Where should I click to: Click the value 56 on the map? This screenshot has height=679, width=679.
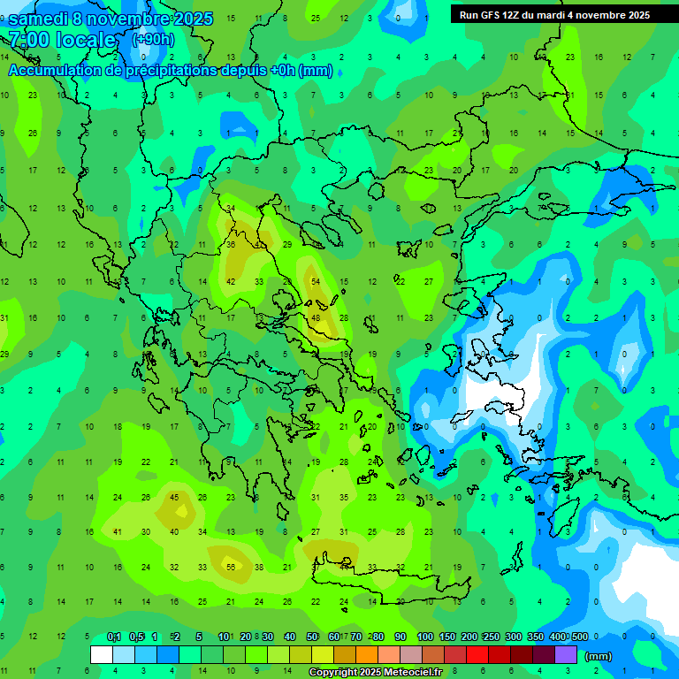pos(231,567)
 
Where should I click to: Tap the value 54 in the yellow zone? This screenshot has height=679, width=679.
pos(316,281)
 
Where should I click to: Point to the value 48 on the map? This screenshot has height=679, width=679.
pos(316,317)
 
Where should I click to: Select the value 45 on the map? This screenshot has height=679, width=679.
pos(174,497)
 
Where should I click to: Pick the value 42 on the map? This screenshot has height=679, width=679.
pos(231,281)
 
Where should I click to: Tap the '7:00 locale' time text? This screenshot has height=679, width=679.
pos(62,40)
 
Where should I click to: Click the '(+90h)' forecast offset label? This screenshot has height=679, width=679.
pos(153,40)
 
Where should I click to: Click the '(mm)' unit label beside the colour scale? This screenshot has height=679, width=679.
pos(599,656)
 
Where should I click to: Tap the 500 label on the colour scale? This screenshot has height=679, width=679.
pos(579,637)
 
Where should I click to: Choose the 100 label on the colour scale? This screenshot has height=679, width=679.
pos(424,637)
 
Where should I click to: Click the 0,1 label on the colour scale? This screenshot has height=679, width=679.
pos(113,637)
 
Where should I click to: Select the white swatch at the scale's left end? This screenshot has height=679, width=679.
pos(102,655)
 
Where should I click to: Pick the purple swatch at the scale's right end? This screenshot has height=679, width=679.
pos(566,655)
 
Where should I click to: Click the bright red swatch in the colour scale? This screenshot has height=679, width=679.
pos(477,655)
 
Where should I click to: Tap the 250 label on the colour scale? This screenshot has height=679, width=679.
pos(491,637)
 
